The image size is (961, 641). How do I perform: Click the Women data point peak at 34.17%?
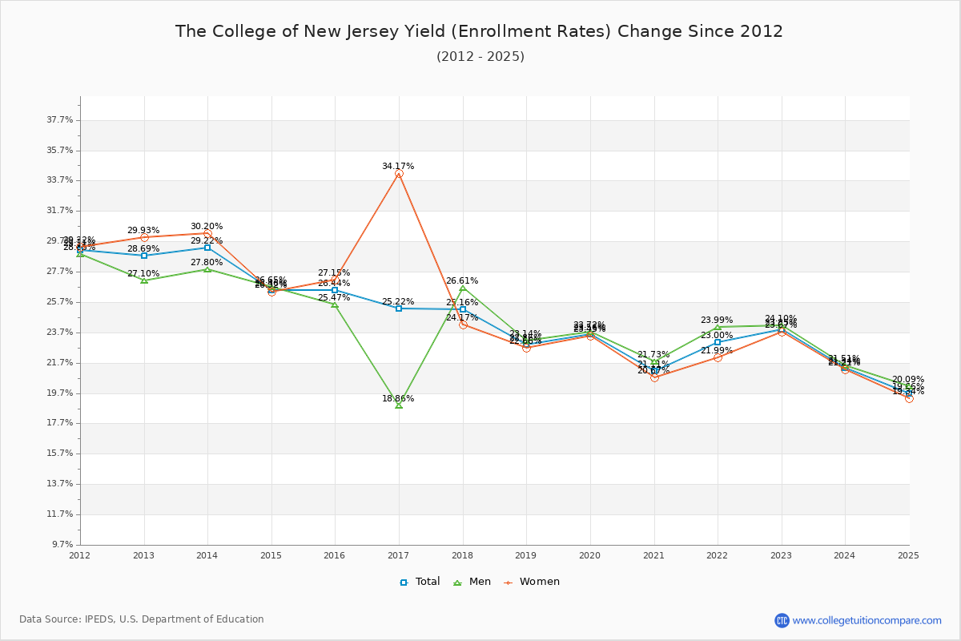coord(399,173)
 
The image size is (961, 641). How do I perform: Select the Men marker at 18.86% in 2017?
coord(399,405)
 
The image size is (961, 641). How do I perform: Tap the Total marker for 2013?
coord(144,256)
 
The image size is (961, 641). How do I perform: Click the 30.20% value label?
coord(207,227)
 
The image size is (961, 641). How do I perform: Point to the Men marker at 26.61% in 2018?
coord(462,288)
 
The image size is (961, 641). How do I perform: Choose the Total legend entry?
coord(420,582)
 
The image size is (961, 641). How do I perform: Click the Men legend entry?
coord(472,582)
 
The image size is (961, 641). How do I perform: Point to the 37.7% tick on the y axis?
coord(60,120)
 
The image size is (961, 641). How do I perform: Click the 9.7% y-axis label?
coord(62,545)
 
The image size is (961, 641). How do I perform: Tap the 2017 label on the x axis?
coord(398,555)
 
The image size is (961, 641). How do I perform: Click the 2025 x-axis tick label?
coord(908,555)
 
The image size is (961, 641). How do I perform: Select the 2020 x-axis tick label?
coord(589,555)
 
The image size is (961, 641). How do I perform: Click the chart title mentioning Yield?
coord(479,31)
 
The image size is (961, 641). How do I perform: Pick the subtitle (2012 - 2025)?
coord(480,57)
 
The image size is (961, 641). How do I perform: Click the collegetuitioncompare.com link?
coord(867,620)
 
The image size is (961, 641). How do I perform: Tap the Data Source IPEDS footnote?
coord(142,619)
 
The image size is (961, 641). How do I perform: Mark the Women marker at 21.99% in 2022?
coord(718,357)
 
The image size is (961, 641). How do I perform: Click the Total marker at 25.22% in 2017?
coord(399,308)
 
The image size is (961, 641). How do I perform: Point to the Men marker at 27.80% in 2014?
coord(207,269)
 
